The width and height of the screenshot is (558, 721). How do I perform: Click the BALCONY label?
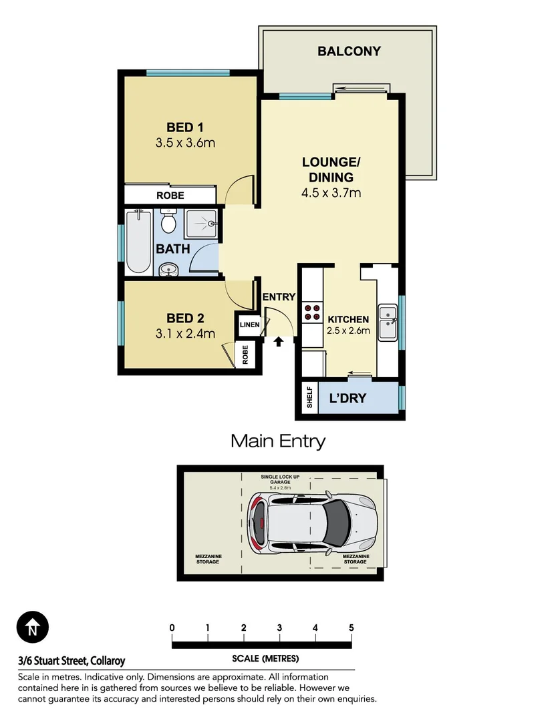pyautogui.click(x=349, y=51)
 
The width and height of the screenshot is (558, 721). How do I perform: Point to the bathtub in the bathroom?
pyautogui.click(x=138, y=241)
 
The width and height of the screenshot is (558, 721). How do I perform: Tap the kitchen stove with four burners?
pyautogui.click(x=311, y=312)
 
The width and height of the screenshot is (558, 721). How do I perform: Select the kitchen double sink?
pyautogui.click(x=388, y=322)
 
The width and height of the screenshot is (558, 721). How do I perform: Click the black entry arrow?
pyautogui.click(x=279, y=342)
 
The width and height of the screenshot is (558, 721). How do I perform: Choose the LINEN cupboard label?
pyautogui.click(x=249, y=325)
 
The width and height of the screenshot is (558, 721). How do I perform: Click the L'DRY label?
pyautogui.click(x=348, y=399)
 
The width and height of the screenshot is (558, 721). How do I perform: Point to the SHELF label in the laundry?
pyautogui.click(x=309, y=399)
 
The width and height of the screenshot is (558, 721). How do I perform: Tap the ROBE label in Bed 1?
pyautogui.click(x=170, y=196)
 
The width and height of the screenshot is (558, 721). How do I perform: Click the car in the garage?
pyautogui.click(x=313, y=523)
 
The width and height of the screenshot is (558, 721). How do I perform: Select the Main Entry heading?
pyautogui.click(x=278, y=441)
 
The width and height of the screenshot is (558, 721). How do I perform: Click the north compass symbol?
pyautogui.click(x=32, y=628)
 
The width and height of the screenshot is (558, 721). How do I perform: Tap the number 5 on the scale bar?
pyautogui.click(x=351, y=628)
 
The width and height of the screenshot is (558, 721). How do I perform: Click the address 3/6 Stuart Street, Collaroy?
pyautogui.click(x=72, y=661)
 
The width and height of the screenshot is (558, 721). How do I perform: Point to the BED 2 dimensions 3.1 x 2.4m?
pyautogui.click(x=185, y=333)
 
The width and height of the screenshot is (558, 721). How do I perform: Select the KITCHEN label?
pyautogui.click(x=348, y=318)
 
